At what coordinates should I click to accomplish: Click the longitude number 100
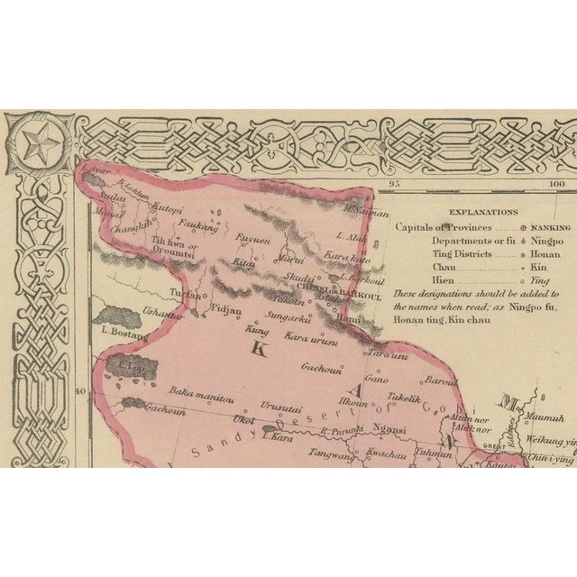[x=556, y=185]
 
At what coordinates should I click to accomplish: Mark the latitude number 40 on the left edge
[x=80, y=391]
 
